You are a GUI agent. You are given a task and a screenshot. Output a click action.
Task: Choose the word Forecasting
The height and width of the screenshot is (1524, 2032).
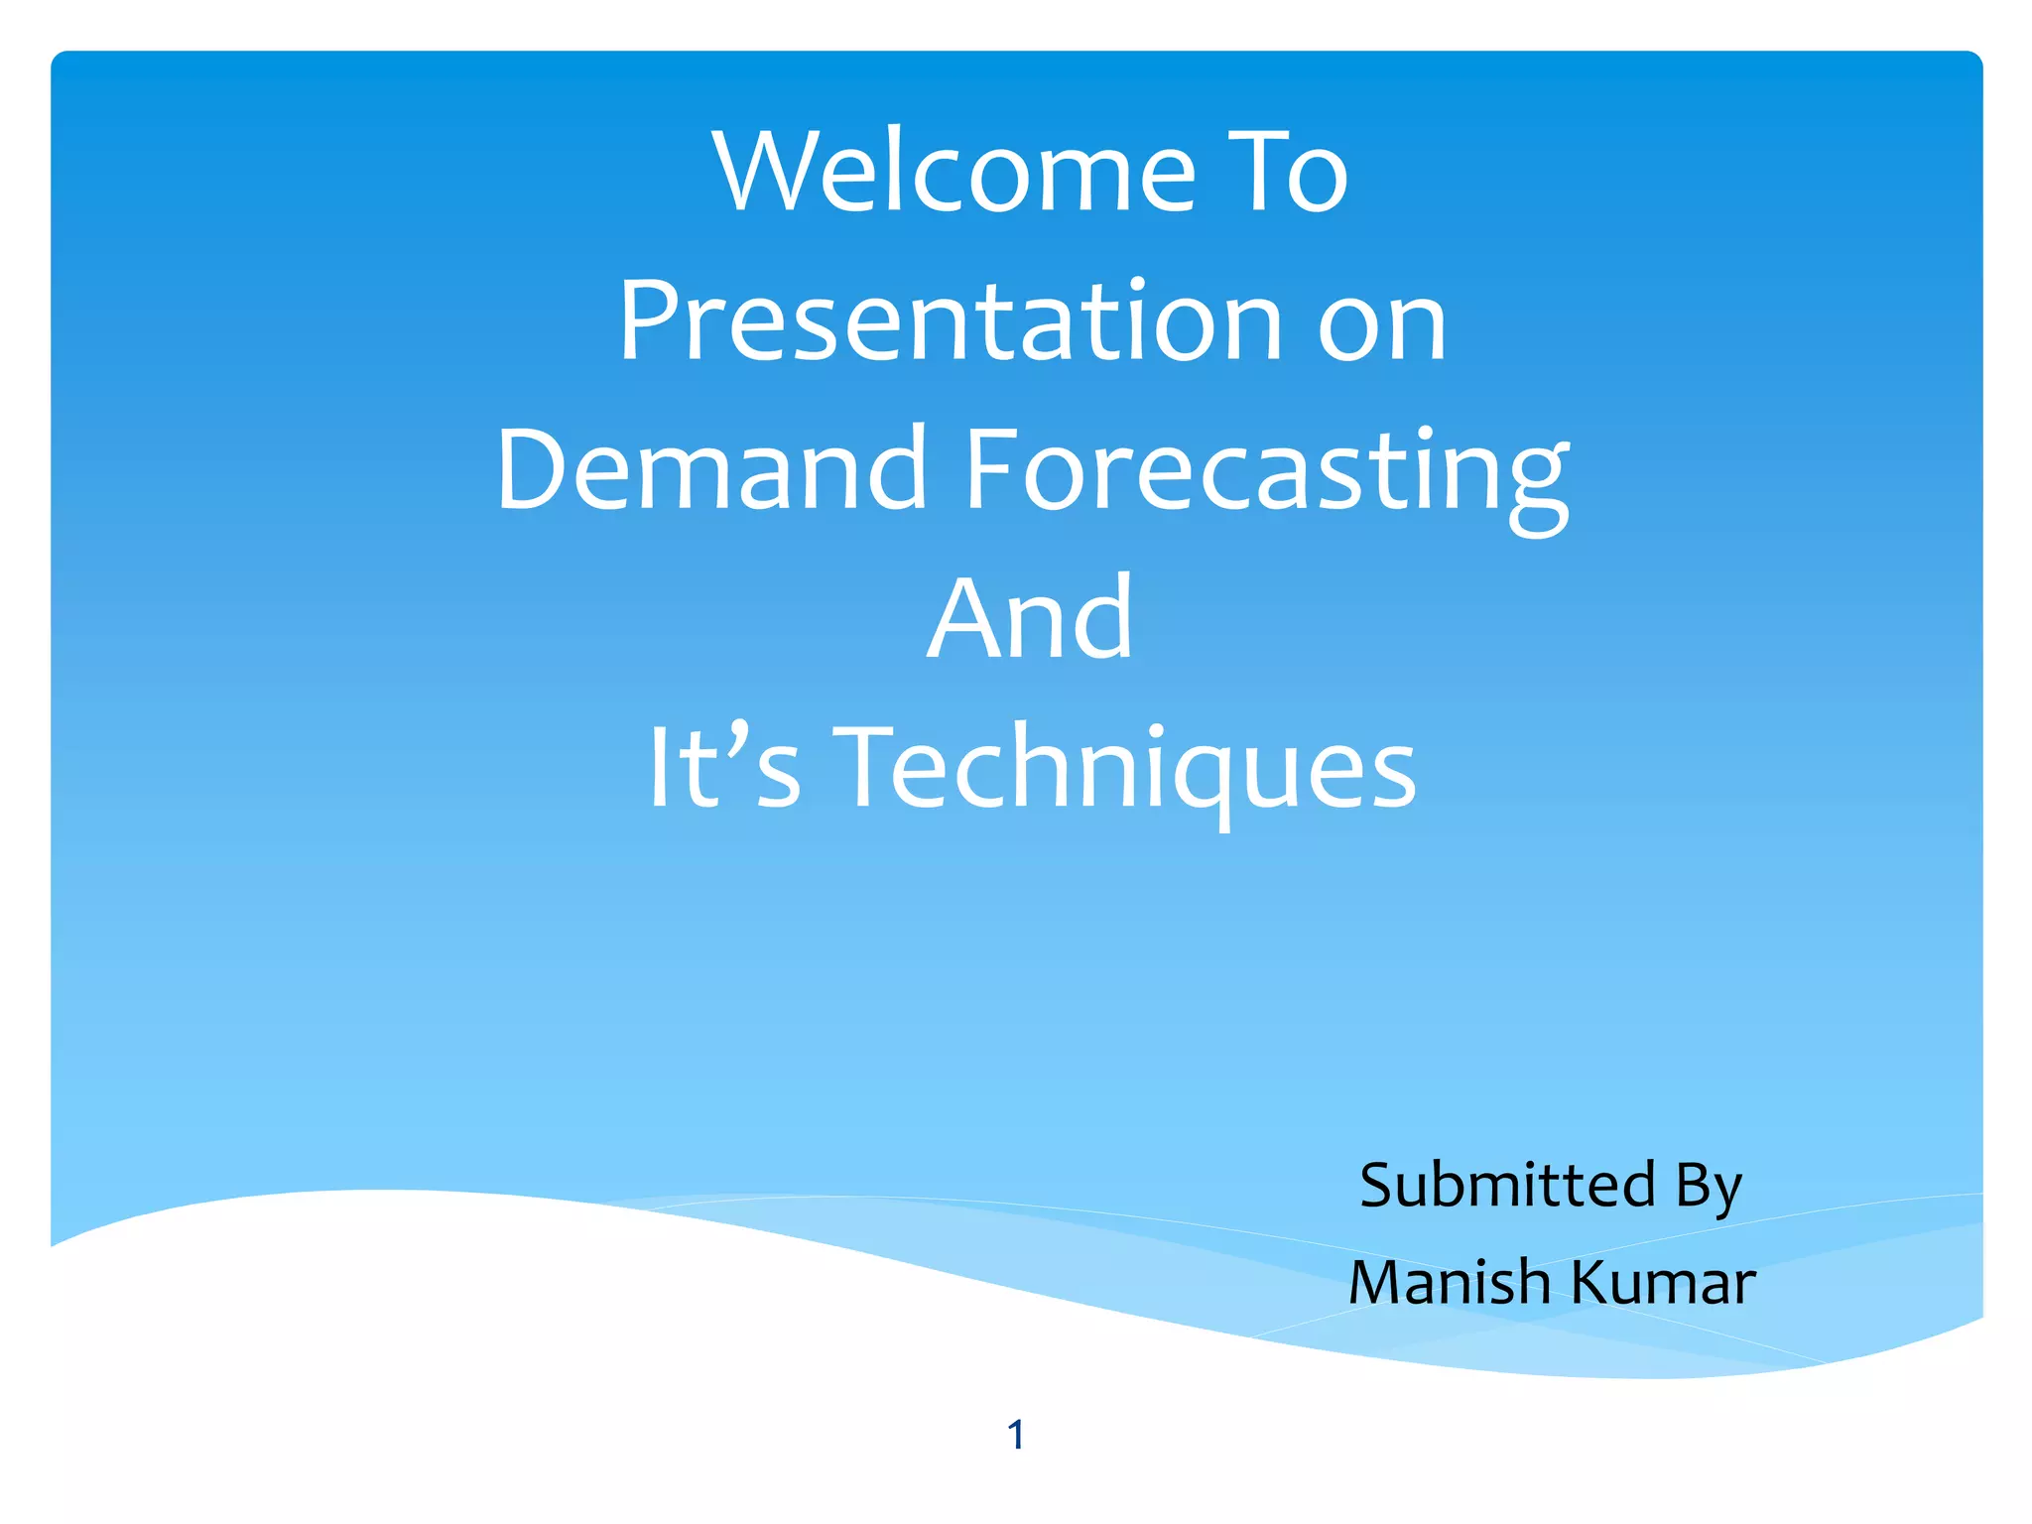[1266, 472]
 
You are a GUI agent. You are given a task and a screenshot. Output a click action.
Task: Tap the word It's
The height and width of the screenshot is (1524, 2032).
[723, 766]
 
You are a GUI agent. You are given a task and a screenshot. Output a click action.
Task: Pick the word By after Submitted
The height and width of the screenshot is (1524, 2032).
[1708, 1187]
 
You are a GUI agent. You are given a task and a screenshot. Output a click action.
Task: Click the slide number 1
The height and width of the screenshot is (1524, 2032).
[1015, 1435]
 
